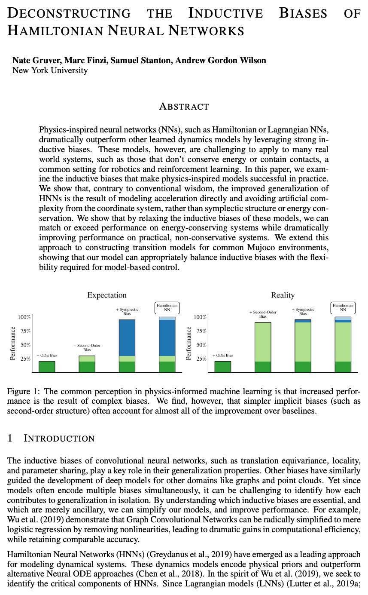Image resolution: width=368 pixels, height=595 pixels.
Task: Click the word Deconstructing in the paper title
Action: [69, 13]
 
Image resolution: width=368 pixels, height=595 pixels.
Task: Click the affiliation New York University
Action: [50, 70]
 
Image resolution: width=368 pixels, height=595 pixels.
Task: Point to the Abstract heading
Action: [184, 106]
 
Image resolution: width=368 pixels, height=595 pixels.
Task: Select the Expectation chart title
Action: [107, 295]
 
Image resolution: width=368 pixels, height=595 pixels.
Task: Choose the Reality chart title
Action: [283, 295]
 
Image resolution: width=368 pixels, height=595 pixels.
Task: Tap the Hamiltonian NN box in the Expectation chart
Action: [167, 307]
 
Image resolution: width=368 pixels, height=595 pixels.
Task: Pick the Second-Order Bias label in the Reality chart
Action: [263, 314]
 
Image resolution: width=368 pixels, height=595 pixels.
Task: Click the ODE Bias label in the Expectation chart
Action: [47, 356]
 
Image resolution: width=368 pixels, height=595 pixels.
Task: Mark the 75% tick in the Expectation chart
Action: [24, 331]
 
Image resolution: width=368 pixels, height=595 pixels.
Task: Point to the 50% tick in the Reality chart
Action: [200, 345]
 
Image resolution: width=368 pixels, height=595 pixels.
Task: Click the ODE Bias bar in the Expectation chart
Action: [47, 367]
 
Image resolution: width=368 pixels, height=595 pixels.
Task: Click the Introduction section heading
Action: [59, 439]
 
